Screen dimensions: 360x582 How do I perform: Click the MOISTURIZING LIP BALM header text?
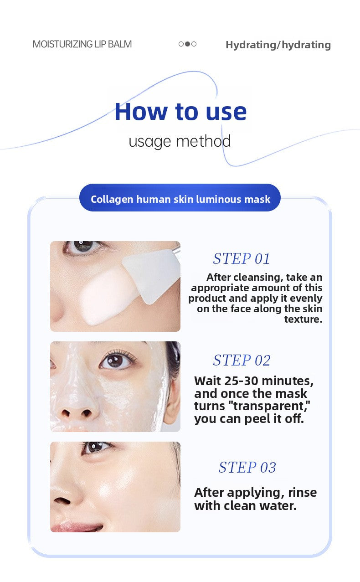[x=82, y=44]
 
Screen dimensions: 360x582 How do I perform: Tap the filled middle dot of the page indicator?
[x=187, y=44]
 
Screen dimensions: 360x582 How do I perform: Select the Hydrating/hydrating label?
[x=278, y=45]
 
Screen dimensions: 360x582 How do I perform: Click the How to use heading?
[x=180, y=112]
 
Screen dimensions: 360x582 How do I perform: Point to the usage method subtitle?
[x=180, y=141]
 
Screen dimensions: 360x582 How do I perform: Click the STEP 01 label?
[x=242, y=258]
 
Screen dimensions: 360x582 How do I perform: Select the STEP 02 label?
[x=242, y=360]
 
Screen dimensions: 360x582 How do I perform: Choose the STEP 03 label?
[x=247, y=468]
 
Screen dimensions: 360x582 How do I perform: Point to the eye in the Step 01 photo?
[x=83, y=246]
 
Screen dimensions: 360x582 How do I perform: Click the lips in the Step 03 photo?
[x=77, y=526]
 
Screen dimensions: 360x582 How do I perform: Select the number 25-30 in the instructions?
[x=242, y=381]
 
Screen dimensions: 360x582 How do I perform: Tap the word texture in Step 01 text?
[x=303, y=319]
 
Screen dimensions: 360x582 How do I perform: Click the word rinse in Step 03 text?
[x=302, y=493]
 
